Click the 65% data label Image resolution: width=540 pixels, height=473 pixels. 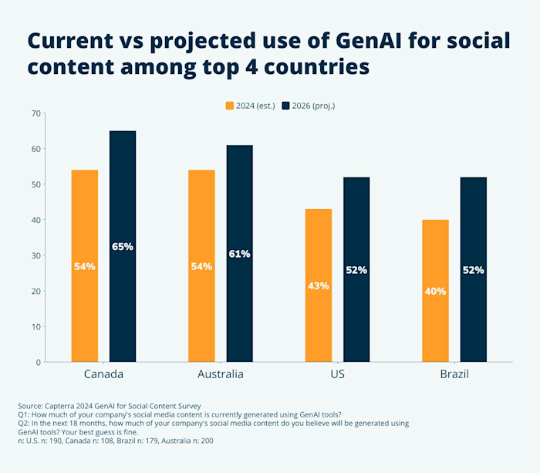click(123, 247)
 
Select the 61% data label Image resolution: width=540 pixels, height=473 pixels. click(239, 254)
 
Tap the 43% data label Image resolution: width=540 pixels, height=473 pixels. click(319, 285)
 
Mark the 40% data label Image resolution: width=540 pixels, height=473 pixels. click(436, 291)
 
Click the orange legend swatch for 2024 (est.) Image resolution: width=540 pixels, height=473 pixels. click(229, 105)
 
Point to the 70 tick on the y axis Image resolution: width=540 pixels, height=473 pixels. click(35, 113)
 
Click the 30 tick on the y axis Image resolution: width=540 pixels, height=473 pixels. click(35, 255)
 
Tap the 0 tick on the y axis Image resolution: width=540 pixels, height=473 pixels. click(37, 362)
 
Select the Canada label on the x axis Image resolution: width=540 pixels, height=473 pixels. click(103, 374)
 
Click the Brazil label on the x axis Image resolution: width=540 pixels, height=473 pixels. click(454, 374)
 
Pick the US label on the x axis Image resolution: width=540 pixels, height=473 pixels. click(337, 374)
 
